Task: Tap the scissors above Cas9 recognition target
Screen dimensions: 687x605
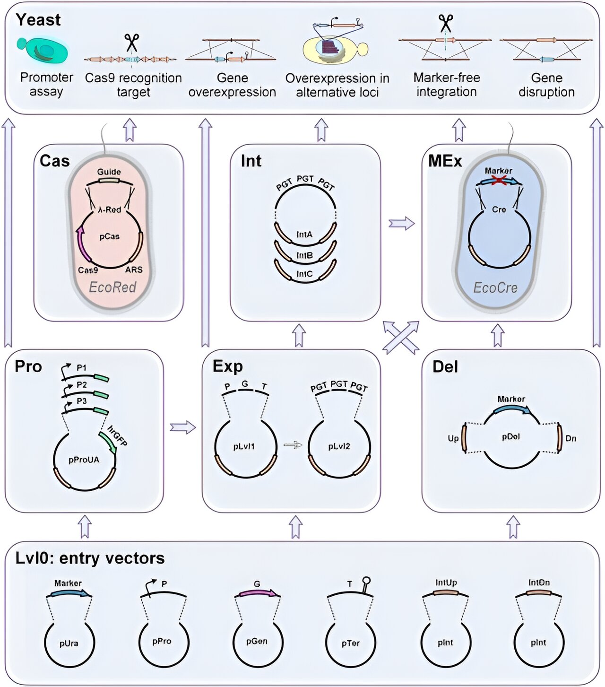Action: [132, 43]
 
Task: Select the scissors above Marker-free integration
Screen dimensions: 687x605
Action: [445, 23]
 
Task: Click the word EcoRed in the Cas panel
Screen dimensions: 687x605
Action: [112, 287]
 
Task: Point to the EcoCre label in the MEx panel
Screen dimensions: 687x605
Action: [495, 287]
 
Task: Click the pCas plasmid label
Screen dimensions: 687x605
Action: [109, 236]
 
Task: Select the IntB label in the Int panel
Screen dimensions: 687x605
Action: [304, 255]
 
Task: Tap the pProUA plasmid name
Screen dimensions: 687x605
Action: [84, 460]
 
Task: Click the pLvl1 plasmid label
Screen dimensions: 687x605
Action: [244, 446]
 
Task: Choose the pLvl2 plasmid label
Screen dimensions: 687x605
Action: [339, 446]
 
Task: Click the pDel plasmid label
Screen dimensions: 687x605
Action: [511, 436]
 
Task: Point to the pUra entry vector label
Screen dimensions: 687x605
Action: [69, 644]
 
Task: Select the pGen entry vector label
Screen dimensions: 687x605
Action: [257, 642]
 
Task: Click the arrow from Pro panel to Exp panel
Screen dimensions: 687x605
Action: [182, 427]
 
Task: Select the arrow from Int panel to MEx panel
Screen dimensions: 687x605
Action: [401, 223]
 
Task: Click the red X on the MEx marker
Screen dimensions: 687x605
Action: [497, 180]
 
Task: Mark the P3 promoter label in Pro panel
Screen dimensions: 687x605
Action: [82, 401]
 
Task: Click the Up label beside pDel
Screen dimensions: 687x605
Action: [453, 438]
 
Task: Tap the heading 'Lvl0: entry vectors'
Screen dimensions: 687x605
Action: [90, 558]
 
